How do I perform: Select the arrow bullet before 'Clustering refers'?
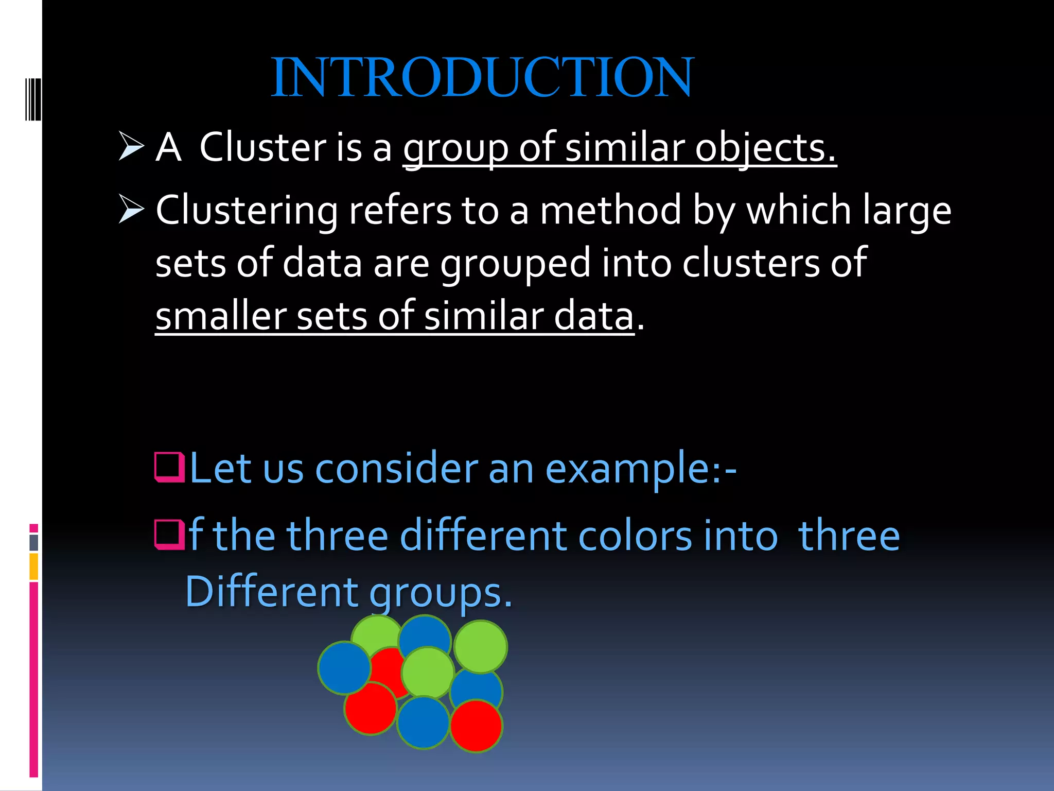131,209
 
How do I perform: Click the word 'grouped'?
515,264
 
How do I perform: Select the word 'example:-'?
641,469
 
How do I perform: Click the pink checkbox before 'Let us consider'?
169,467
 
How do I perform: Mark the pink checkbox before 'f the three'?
169,535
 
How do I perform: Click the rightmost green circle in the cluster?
481,647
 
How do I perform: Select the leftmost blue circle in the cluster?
344,667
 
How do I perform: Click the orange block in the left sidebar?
34,566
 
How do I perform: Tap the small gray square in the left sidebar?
34,542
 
